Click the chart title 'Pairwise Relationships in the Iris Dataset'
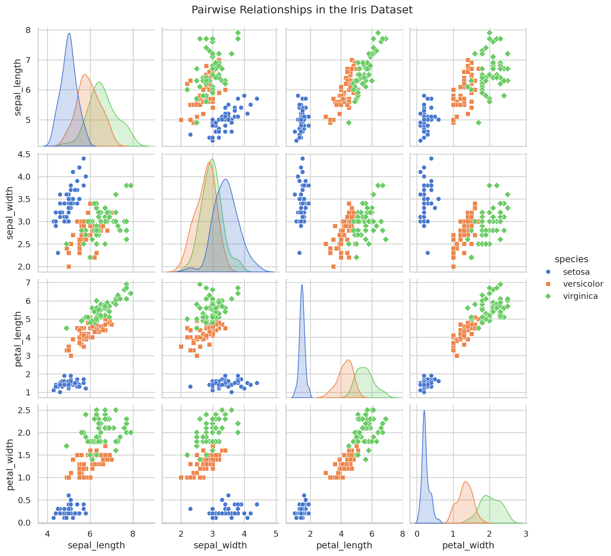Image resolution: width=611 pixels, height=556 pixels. pos(302,10)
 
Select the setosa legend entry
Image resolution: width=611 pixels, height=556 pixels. pos(576,272)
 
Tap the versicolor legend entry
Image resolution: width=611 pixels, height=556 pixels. pos(583,284)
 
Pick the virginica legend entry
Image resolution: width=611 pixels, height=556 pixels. pos(580,296)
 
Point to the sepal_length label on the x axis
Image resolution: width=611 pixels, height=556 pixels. pos(96,545)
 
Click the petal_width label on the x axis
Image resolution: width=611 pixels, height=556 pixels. pos(468,545)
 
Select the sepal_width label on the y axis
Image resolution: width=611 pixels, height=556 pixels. pos(10,213)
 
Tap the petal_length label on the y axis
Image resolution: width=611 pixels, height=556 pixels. pos(19,339)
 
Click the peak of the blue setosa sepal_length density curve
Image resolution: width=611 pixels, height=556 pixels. pos(69,33)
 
